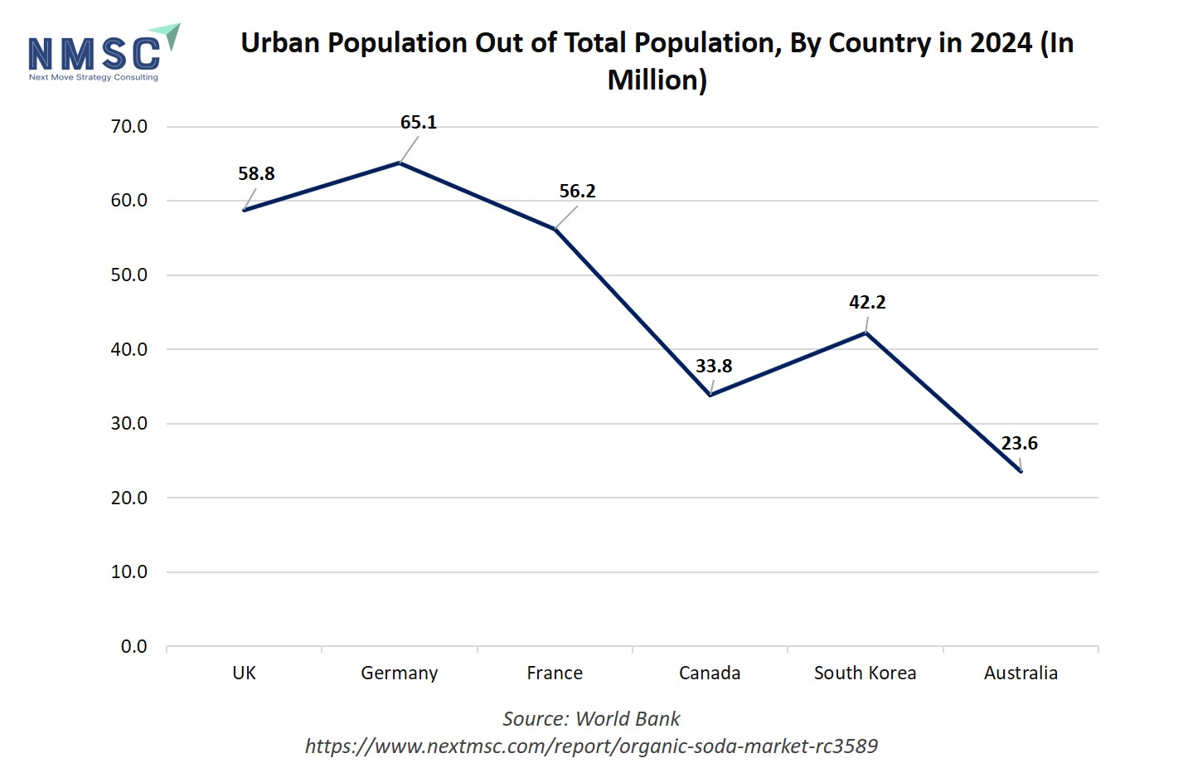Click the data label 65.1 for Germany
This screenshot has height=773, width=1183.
click(x=418, y=123)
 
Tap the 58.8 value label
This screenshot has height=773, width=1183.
click(x=256, y=174)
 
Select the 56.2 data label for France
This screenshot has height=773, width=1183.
click(x=577, y=192)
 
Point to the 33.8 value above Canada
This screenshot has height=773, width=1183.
click(x=714, y=367)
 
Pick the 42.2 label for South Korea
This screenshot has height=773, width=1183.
click(x=867, y=303)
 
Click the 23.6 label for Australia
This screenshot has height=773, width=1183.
click(x=1019, y=444)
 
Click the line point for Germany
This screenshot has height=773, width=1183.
click(x=400, y=163)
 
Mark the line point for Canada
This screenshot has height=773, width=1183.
click(x=710, y=395)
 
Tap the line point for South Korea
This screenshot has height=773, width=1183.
click(x=865, y=333)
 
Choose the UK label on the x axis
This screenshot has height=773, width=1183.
click(x=244, y=673)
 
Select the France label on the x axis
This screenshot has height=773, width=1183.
click(x=555, y=673)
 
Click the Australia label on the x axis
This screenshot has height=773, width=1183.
click(x=1021, y=673)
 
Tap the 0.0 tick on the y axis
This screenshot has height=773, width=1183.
click(x=133, y=647)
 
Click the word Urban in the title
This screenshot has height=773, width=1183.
click(x=279, y=43)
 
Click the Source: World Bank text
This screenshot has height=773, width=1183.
click(x=591, y=719)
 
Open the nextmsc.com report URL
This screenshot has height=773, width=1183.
click(x=591, y=746)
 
